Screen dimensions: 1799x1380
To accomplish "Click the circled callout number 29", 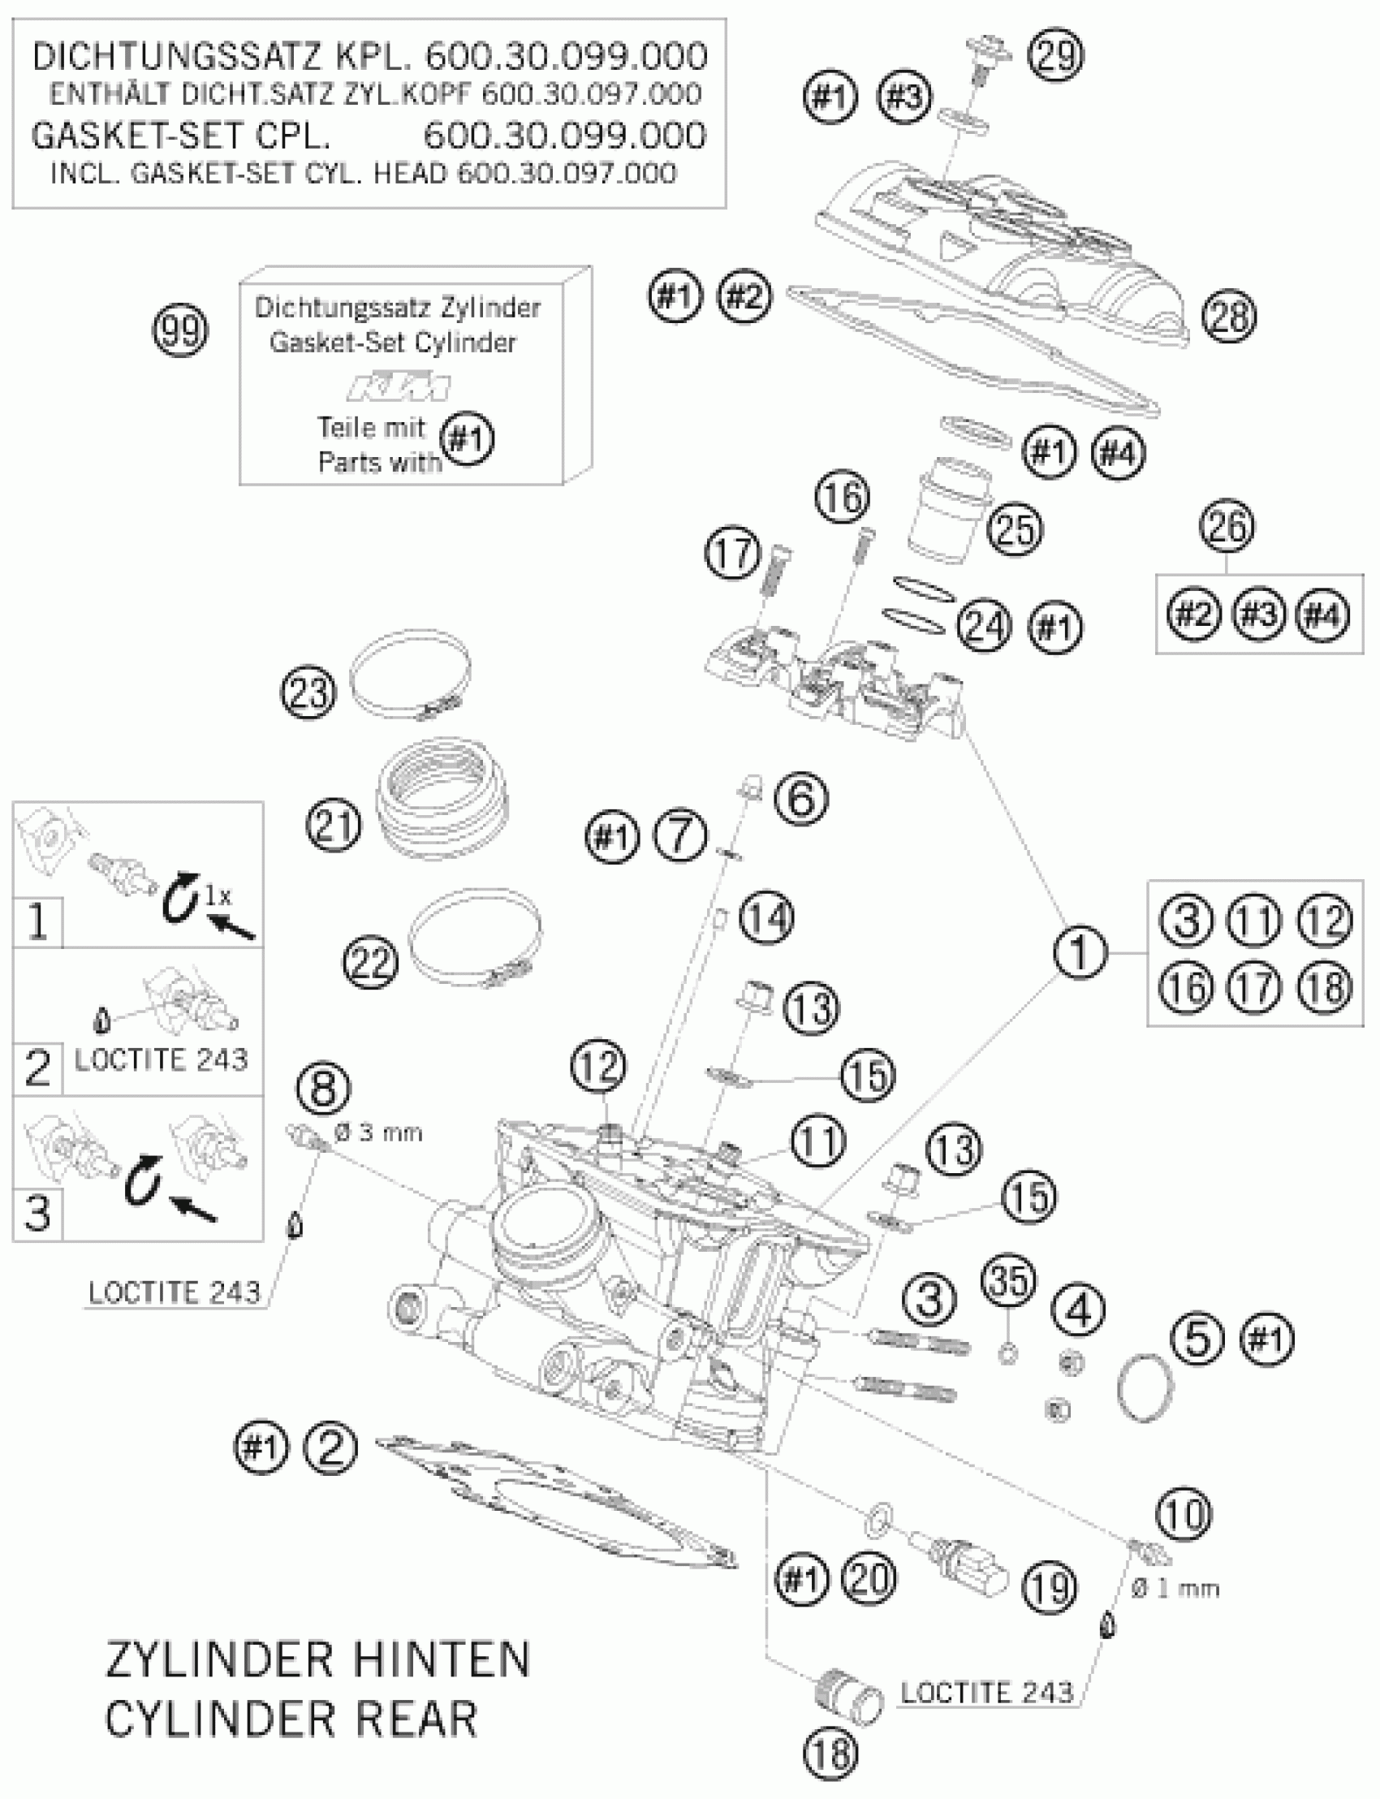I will [x=1057, y=56].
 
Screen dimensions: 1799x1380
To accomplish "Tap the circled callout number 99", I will [x=181, y=330].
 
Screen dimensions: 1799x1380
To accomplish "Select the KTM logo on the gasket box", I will [x=399, y=387].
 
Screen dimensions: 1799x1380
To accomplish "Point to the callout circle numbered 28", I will [x=1229, y=317].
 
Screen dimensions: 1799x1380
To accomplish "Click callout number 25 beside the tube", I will [x=1016, y=528].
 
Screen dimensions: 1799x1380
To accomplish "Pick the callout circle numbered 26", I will [x=1227, y=526].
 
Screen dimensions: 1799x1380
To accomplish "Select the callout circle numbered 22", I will [x=370, y=961].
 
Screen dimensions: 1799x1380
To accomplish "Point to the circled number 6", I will [x=802, y=798].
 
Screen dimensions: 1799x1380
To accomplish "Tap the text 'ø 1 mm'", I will [x=1175, y=1588].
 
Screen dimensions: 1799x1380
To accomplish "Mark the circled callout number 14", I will [x=766, y=917].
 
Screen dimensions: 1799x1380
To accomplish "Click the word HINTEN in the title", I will [x=421, y=1659].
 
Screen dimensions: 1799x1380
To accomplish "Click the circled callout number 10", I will [x=1184, y=1513].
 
